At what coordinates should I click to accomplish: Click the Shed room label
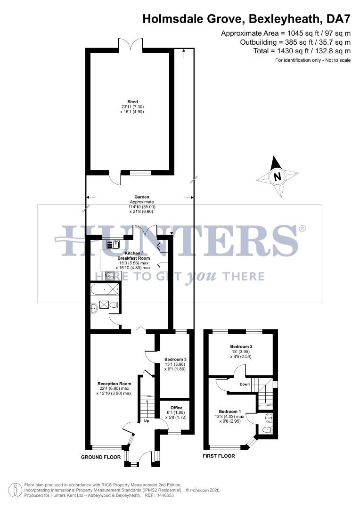(x=132, y=102)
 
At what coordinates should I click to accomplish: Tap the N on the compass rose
(x=278, y=177)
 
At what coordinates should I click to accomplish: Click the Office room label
(x=176, y=408)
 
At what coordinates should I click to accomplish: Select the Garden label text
(x=142, y=197)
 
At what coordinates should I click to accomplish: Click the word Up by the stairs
(x=146, y=421)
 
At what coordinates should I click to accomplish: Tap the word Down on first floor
(x=245, y=384)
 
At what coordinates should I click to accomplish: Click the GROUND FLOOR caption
(x=101, y=457)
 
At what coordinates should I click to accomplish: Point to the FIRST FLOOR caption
(x=219, y=456)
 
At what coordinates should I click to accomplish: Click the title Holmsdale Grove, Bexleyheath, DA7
(x=246, y=19)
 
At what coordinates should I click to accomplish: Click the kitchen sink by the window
(x=114, y=244)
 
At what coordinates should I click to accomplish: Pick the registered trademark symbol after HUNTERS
(x=302, y=229)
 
